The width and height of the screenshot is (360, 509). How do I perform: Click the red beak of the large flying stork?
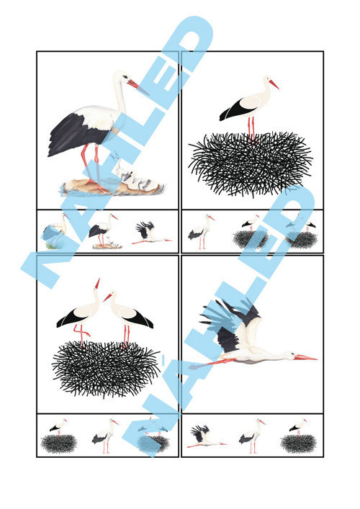[305, 357]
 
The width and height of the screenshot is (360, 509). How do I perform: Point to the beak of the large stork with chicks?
[137, 86]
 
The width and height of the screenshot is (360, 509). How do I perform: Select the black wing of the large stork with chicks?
[77, 134]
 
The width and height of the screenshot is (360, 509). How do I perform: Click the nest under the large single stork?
[251, 163]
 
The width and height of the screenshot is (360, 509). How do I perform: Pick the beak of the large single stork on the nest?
[274, 84]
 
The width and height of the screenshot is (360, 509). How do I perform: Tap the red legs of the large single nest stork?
[251, 130]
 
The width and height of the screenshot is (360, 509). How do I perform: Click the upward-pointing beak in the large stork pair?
[97, 283]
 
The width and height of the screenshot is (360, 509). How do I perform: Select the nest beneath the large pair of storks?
[106, 369]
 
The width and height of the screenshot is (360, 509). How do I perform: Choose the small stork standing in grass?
[55, 231]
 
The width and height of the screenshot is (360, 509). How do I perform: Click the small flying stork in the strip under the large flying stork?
[206, 436]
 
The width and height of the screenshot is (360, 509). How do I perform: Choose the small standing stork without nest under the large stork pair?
[104, 436]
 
